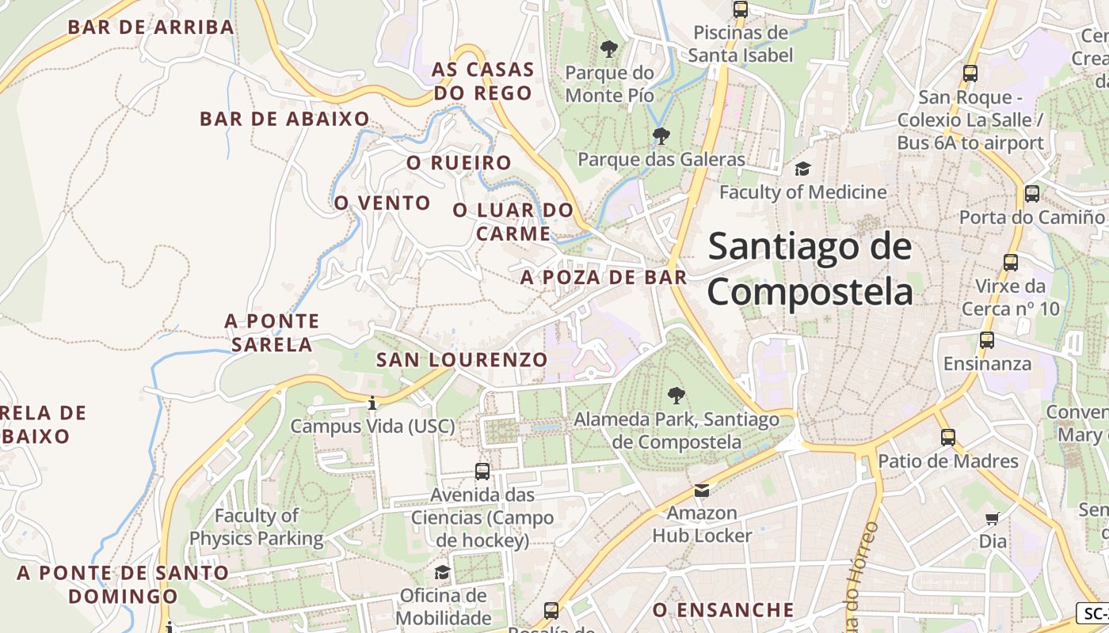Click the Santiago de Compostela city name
click(x=810, y=269)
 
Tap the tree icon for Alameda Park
click(x=676, y=395)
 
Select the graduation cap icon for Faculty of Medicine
click(x=803, y=169)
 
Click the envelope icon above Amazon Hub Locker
click(x=702, y=491)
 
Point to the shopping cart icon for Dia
click(x=993, y=519)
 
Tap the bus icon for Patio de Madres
click(x=948, y=437)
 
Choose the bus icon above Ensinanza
click(x=987, y=340)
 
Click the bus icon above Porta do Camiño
click(x=1032, y=194)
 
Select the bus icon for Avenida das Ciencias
click(x=482, y=472)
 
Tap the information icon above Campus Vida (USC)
click(x=372, y=404)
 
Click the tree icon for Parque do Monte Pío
click(x=609, y=49)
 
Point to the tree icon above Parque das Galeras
click(x=661, y=136)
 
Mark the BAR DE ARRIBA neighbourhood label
click(x=151, y=27)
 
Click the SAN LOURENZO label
click(x=462, y=360)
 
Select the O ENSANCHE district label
click(x=723, y=610)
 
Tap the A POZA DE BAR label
click(x=604, y=278)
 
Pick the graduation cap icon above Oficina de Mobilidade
click(x=443, y=572)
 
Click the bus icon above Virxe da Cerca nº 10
click(x=1011, y=263)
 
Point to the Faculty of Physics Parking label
click(x=256, y=528)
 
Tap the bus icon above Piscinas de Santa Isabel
click(x=741, y=9)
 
